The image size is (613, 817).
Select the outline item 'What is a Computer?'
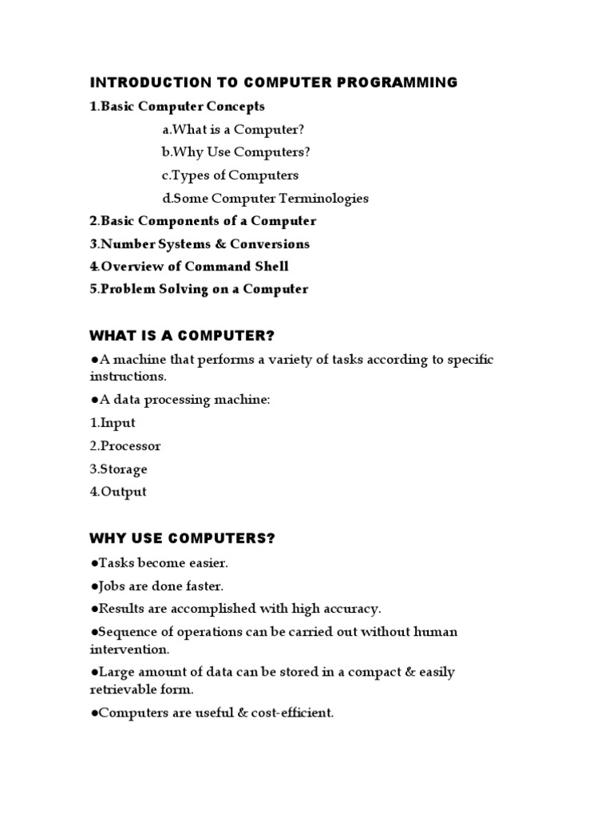[x=233, y=129]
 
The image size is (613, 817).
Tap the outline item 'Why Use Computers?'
[x=235, y=152]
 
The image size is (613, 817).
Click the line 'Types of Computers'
[x=230, y=175]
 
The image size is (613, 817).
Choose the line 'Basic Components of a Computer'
[x=203, y=221]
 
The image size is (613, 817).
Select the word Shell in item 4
[x=270, y=266]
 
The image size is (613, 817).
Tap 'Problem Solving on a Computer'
[x=199, y=289]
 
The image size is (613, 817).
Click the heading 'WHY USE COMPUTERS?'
[x=182, y=539]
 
